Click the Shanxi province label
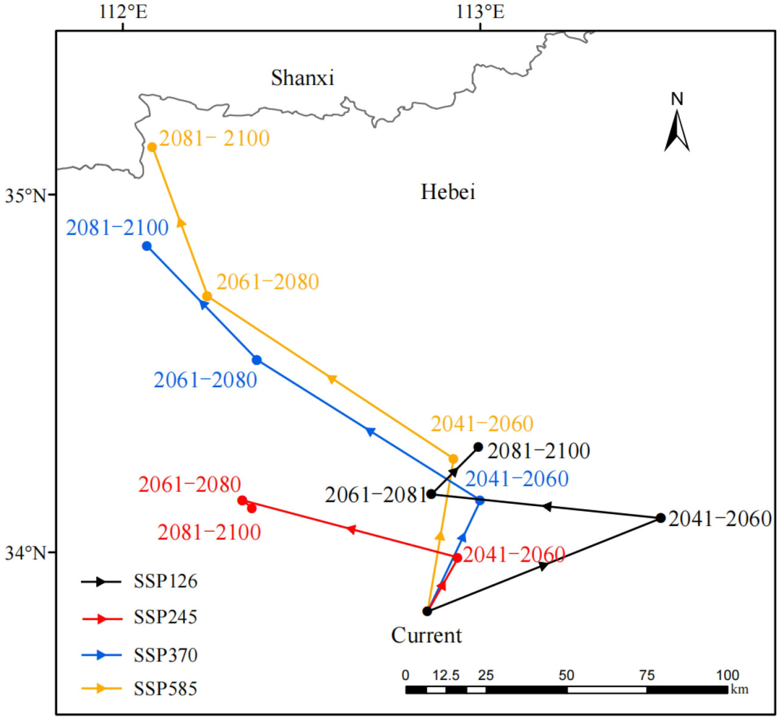pos(302,78)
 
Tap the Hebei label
pos(447,192)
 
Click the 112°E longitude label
pos(123,12)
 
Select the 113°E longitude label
pos(480,12)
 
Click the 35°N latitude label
pos(26,196)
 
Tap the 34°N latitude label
pos(26,553)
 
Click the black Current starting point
pos(427,611)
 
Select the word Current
pos(426,636)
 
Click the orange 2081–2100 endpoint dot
pos(152,147)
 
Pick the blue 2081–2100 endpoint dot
pos(146,246)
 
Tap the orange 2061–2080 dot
pos(207,297)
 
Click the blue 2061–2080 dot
pos(257,360)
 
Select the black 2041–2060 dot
pos(660,518)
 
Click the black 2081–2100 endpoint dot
pos(478,447)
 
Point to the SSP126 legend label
pos(165,581)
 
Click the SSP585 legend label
pos(165,689)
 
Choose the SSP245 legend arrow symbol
pos(101,618)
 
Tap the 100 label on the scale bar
pos(727,675)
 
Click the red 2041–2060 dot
pos(457,557)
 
